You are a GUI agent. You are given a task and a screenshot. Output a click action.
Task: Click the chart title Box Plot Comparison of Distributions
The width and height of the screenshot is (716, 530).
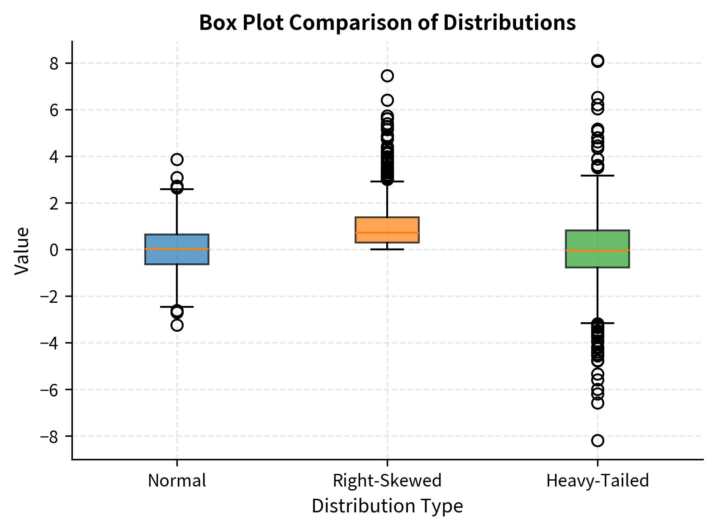tap(387, 23)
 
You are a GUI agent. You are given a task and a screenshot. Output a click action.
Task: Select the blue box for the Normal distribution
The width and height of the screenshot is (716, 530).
tap(177, 249)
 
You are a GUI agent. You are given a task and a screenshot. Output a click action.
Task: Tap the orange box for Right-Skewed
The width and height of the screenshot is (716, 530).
tap(387, 230)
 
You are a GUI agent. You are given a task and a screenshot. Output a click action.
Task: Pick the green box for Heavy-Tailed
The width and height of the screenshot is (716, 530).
tap(597, 249)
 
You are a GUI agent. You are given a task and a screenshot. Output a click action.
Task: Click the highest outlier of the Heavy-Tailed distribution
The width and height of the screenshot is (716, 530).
tap(597, 61)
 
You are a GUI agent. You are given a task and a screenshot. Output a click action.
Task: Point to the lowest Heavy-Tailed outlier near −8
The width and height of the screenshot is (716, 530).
tap(597, 440)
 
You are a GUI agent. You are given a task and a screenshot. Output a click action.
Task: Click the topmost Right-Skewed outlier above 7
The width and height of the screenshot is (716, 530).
tap(387, 76)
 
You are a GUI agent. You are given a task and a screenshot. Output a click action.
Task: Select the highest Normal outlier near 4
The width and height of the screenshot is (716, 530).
tap(177, 159)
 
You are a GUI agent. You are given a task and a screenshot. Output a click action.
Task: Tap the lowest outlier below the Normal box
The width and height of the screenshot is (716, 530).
tap(177, 325)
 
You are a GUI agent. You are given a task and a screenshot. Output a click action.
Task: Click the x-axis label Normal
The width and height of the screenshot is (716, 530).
tap(177, 481)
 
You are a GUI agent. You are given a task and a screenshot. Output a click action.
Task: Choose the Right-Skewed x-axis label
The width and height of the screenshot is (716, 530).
tap(387, 481)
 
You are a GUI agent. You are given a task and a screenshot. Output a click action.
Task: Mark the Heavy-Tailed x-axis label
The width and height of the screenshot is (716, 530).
tap(597, 481)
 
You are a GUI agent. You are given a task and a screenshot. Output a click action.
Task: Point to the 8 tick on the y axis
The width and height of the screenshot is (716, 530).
tap(54, 63)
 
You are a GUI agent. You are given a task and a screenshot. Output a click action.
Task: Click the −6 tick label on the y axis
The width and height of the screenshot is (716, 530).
tap(50, 390)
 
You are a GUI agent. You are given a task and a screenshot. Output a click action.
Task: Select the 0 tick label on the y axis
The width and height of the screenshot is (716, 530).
tap(54, 250)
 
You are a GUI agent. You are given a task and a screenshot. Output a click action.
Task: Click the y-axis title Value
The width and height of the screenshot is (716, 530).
tap(22, 250)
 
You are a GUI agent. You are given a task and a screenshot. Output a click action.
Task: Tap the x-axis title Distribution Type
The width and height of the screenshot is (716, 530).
tap(387, 506)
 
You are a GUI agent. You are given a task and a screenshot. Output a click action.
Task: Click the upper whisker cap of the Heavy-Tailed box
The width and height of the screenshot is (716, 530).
tap(597, 175)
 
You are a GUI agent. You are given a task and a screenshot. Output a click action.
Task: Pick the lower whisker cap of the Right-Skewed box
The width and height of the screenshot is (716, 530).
tap(387, 249)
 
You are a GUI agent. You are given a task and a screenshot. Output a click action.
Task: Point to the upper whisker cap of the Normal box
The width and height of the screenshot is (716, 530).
tap(177, 189)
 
